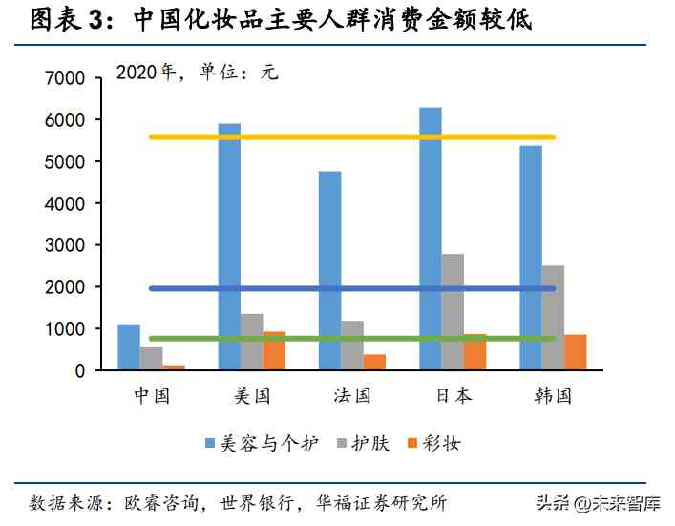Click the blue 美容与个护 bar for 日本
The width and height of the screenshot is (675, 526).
[x=430, y=239]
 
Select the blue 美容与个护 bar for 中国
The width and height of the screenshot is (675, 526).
[x=128, y=347]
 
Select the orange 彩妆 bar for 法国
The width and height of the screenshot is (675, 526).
[x=375, y=362]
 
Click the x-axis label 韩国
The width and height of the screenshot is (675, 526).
[x=553, y=395]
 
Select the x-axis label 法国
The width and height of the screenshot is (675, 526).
[x=351, y=395]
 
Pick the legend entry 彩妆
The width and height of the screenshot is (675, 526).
[x=439, y=443]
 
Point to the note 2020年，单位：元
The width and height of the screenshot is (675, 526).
[x=197, y=73]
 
